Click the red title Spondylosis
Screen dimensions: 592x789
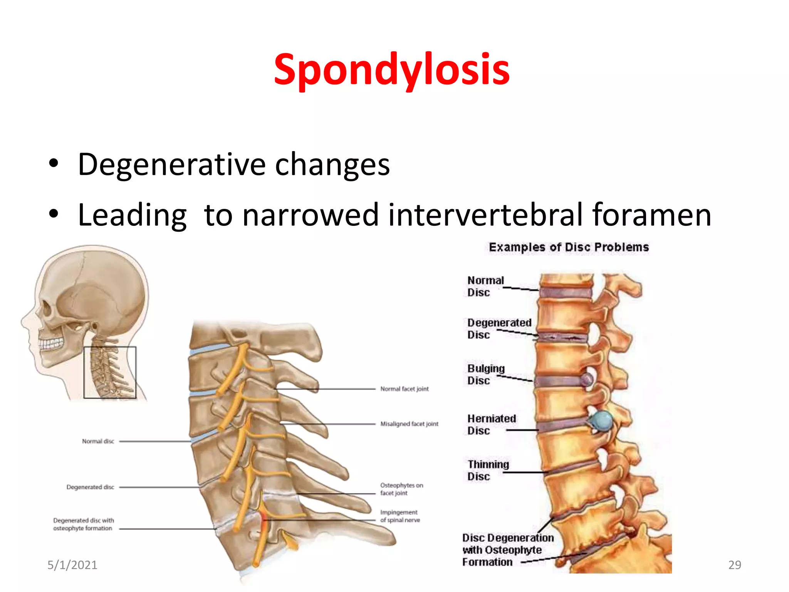[391, 69]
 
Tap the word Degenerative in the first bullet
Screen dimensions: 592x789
[171, 165]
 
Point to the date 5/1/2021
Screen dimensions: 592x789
[72, 565]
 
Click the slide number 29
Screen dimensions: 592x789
[734, 565]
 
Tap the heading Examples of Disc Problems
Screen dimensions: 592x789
[569, 247]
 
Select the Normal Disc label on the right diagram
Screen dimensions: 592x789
[485, 286]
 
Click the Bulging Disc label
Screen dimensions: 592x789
[485, 374]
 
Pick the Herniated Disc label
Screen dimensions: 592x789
[491, 424]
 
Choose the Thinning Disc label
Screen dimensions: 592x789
[488, 470]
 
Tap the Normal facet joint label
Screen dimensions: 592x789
[404, 389]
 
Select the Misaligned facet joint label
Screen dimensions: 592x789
[409, 424]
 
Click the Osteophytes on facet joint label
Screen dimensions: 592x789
[401, 489]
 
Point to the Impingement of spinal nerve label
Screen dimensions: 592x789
[400, 516]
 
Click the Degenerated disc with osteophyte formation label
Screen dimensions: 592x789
[83, 524]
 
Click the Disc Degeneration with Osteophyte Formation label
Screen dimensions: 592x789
[507, 550]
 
